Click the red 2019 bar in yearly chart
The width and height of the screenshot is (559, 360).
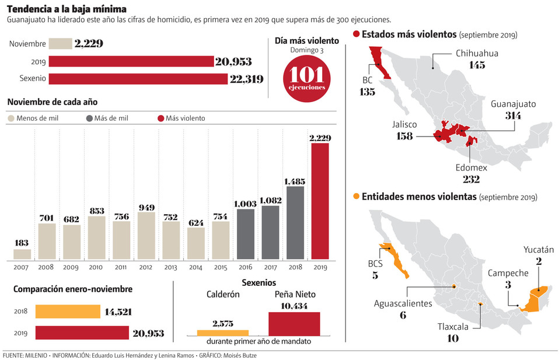(320, 201)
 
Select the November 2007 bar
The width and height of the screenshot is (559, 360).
(22, 254)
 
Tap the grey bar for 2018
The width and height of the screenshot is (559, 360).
(295, 222)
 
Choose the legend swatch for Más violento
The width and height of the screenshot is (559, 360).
(161, 118)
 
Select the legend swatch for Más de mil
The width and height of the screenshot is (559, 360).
(89, 118)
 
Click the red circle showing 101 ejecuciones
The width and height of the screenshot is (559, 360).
(306, 79)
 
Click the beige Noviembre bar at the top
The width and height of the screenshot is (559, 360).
(60, 44)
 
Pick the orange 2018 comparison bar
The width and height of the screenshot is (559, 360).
(68, 312)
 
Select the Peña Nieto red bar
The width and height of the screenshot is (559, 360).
(294, 324)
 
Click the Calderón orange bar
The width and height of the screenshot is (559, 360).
(222, 333)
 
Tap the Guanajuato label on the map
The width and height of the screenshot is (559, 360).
(513, 104)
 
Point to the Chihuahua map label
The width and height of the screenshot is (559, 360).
(477, 54)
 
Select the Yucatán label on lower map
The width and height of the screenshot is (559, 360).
(538, 250)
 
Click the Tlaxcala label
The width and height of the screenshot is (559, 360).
(453, 327)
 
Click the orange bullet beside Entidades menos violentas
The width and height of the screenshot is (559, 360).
(355, 196)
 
